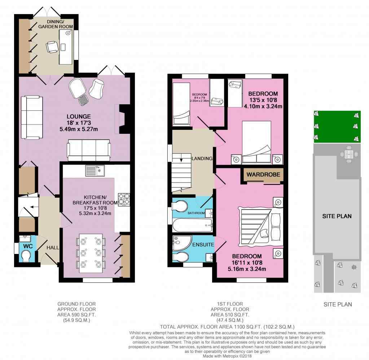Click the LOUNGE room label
[79, 117]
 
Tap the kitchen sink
[95, 171]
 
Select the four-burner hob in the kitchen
[124, 199]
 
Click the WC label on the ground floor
[28, 246]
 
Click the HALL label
[53, 247]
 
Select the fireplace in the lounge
[122, 119]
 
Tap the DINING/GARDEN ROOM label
[56, 24]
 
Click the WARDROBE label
[263, 175]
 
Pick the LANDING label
[202, 159]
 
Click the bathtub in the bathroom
[193, 225]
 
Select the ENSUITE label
[203, 245]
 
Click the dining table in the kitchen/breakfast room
[91, 253]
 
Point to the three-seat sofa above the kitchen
[89, 150]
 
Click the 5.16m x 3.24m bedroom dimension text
[247, 269]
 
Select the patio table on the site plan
[349, 154]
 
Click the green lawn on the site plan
[337, 127]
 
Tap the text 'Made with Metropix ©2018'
[227, 356]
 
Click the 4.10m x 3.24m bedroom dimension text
[263, 106]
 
